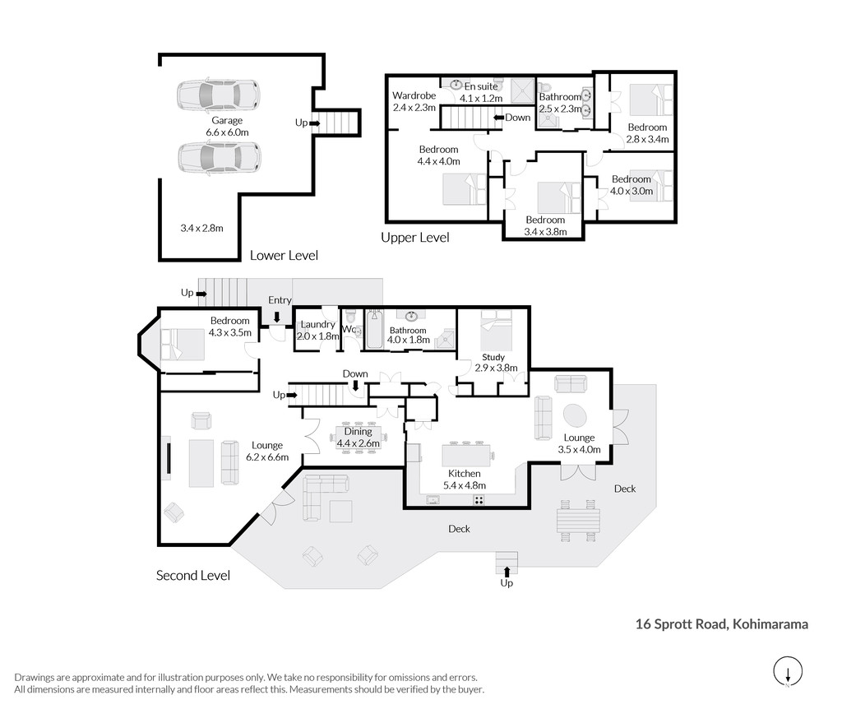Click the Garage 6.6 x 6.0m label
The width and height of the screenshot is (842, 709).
pos(227,126)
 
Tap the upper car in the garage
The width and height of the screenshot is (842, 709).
pos(219,95)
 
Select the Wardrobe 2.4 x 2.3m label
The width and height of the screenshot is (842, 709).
pos(414,101)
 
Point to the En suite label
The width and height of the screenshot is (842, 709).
pos(481,86)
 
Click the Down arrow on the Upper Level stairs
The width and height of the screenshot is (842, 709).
pos(497,118)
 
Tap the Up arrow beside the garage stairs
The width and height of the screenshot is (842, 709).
pos(315,123)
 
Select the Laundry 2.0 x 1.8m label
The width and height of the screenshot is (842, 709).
pos(318,330)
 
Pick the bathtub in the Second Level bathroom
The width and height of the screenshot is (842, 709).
pos(374,329)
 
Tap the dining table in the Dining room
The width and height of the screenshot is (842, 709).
pos(359,438)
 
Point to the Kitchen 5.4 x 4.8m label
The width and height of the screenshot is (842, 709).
pos(464,480)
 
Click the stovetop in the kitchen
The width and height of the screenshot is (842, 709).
pos(479,500)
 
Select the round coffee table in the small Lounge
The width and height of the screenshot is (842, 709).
pos(575,415)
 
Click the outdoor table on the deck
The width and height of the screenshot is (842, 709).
pos(578,521)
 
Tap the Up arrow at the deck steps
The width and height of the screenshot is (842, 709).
pos(507,572)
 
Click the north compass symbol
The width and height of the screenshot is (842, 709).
pos(788,671)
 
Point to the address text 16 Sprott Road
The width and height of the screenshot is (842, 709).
pos(681,624)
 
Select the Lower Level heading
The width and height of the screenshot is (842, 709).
pos(284,255)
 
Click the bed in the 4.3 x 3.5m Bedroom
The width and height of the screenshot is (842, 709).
pos(183,345)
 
